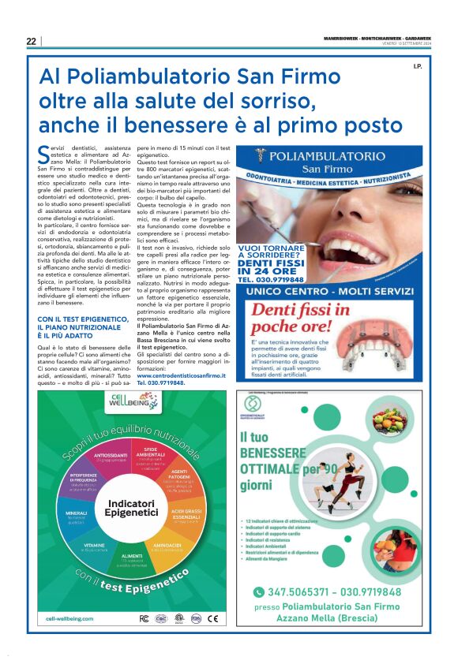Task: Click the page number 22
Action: tap(31, 41)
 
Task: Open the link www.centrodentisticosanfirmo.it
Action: tap(181, 376)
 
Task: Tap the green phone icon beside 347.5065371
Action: tap(258, 591)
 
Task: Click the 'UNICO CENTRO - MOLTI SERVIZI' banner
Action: tap(329, 291)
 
